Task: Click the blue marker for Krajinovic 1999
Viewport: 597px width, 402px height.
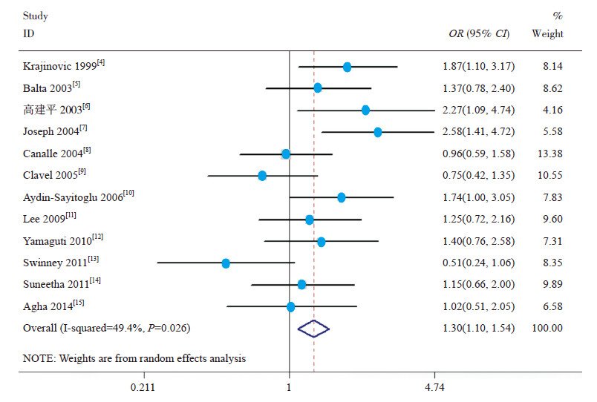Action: [348, 67]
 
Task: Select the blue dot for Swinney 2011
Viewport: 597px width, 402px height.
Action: [226, 263]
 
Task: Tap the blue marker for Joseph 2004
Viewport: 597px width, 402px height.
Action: [378, 132]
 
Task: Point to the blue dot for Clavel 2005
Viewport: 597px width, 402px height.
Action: [262, 176]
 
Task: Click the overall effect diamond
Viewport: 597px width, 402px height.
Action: [313, 329]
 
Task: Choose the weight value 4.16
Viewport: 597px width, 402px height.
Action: [552, 111]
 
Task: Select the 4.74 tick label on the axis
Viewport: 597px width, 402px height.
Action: [435, 386]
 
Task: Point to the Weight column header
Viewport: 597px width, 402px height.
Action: [548, 34]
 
